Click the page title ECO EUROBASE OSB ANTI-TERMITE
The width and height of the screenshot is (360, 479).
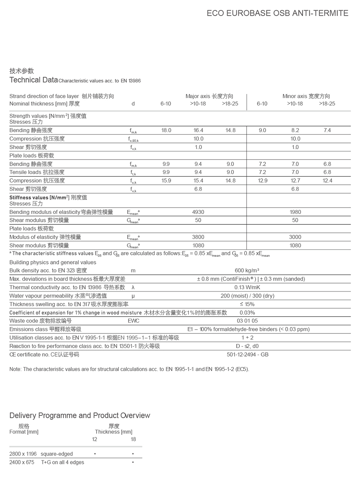[277, 13]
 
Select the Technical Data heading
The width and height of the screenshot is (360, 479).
[33, 80]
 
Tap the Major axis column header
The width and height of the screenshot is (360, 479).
[209, 96]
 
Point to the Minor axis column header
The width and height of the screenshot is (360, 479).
[306, 96]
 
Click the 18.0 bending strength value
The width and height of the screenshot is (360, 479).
[166, 130]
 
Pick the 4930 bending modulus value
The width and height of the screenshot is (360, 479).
[198, 212]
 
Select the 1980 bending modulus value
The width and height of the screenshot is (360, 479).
[295, 212]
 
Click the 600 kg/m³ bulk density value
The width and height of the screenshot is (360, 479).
[247, 270]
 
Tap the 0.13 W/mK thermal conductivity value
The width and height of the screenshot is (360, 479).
[247, 287]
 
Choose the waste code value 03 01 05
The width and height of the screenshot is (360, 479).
[247, 321]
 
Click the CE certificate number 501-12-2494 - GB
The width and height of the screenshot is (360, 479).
[248, 354]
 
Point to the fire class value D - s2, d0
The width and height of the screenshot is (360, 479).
[247, 346]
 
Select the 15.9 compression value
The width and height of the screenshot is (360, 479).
[166, 181]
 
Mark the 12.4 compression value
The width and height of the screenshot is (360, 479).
[327, 181]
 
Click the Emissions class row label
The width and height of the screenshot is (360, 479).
[45, 329]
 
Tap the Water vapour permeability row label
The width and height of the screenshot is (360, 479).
[58, 296]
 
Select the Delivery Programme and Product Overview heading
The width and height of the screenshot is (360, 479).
[80, 416]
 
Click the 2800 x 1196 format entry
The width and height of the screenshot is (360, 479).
[23, 454]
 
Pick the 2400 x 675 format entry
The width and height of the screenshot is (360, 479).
[22, 462]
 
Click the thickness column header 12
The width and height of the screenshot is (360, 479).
[95, 439]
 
